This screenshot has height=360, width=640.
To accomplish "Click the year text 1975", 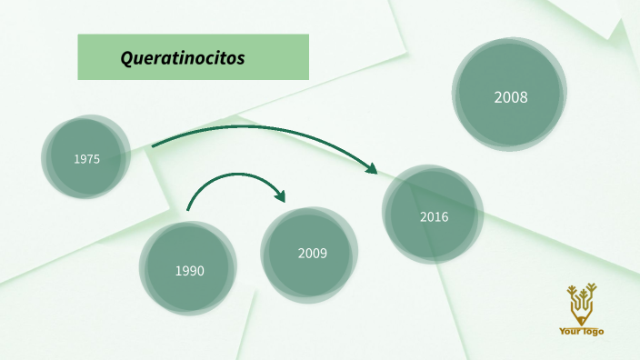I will (87, 159).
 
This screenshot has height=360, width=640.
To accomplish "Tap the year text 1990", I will (190, 271).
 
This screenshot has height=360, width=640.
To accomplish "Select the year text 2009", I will (312, 254).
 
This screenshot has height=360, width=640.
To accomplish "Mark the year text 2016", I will (434, 217).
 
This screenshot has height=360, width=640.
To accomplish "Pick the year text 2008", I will (511, 97).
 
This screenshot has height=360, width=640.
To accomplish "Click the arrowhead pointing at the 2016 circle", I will (371, 167).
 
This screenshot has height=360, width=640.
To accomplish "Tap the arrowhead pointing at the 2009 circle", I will (280, 196).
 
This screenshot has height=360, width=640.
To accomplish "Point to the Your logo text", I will (581, 332).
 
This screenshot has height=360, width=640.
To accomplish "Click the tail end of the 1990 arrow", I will (188, 210).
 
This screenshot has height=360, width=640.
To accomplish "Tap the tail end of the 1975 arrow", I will (154, 145).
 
